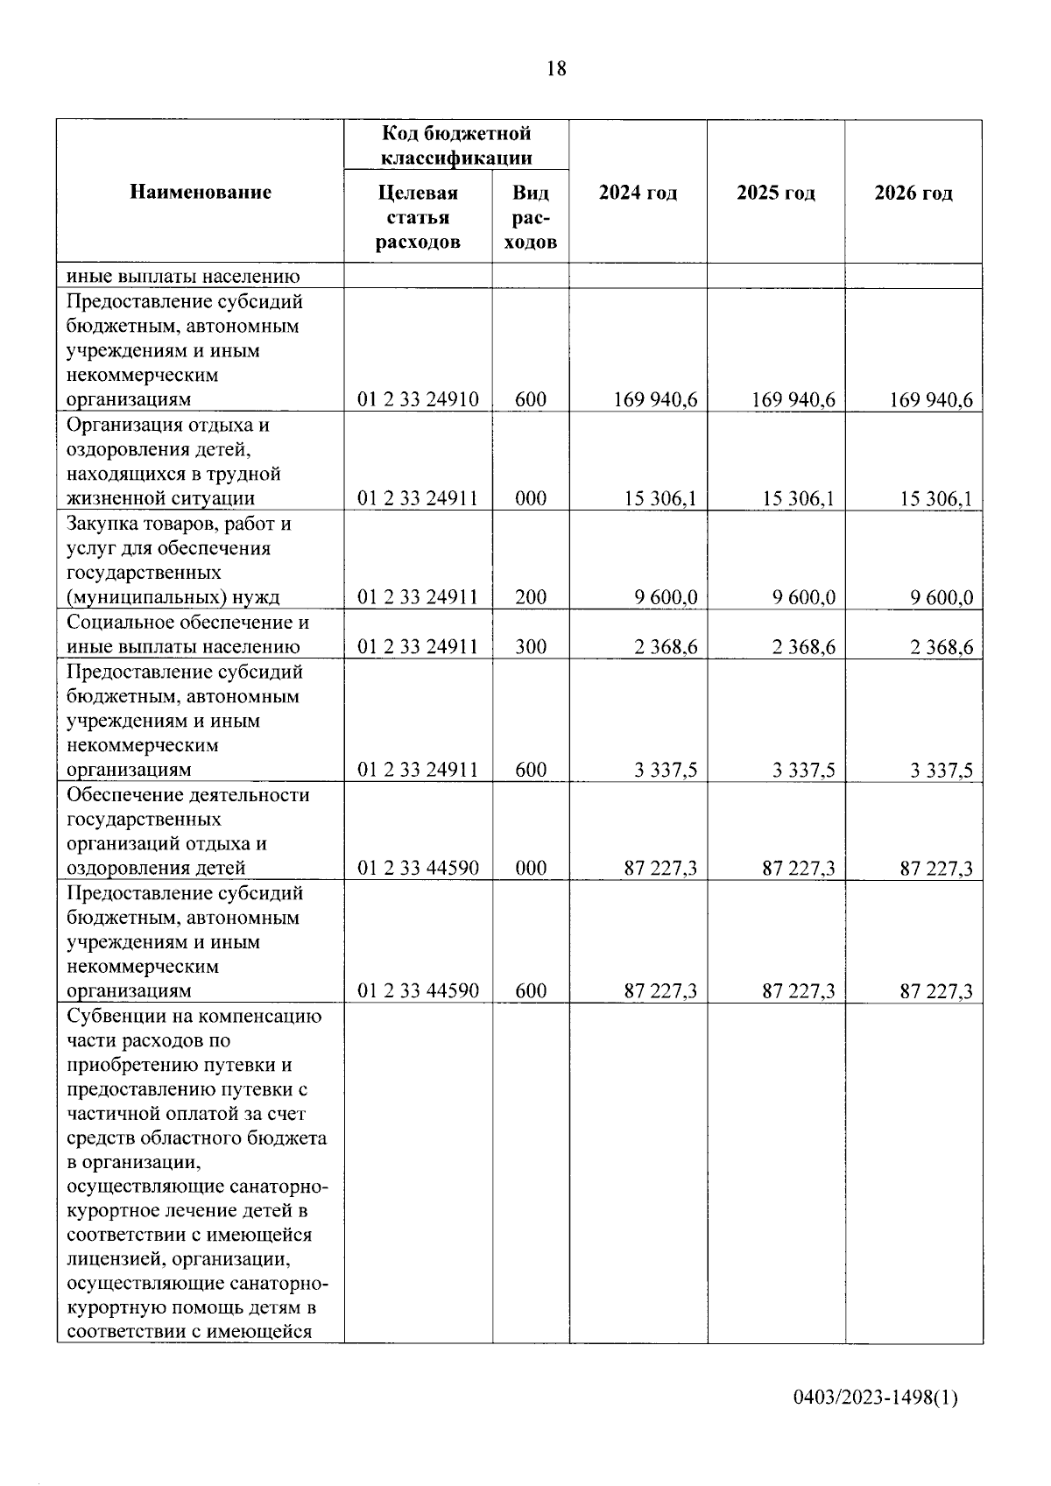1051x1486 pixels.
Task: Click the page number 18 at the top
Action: [556, 68]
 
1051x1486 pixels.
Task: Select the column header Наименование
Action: [201, 192]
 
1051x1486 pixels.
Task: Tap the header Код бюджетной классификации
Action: [456, 145]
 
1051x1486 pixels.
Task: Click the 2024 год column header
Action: [638, 193]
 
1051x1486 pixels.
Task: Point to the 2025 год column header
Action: [776, 193]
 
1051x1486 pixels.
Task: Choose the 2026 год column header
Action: [913, 193]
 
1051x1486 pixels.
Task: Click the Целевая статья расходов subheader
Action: [418, 217]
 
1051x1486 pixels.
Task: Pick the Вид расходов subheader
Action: [531, 217]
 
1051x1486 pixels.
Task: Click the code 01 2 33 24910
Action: [418, 400]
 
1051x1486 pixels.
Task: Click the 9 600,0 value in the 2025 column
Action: [803, 598]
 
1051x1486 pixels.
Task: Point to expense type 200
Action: [531, 598]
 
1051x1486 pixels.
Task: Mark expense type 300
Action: [531, 647]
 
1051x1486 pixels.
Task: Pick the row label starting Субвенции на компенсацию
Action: [194, 1017]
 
